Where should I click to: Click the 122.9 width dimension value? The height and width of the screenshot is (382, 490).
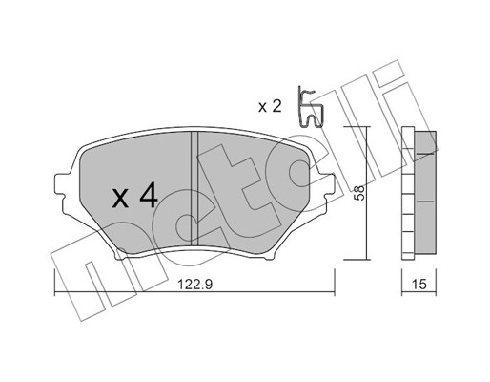coord(194,285)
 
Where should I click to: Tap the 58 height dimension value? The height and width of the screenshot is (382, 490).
coord(360,193)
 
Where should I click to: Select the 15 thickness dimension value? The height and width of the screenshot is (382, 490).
coord(419,285)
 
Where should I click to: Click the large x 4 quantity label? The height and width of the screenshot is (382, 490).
coord(135,195)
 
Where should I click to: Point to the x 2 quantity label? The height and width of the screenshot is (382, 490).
coord(270,107)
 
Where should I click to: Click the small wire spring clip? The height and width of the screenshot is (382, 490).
coord(310,107)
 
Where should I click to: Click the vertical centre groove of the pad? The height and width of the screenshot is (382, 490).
coord(194,188)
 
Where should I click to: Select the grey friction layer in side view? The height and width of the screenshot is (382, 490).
coord(425,193)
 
